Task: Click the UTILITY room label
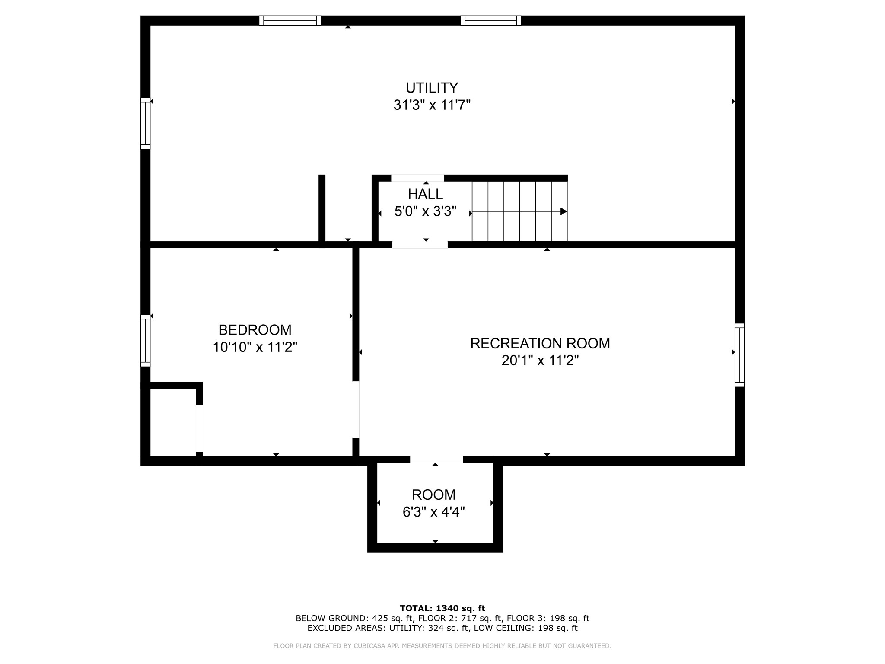(432, 88)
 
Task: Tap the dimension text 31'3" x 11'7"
(432, 105)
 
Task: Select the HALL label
(426, 194)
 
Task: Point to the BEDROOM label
(255, 330)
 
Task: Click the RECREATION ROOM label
(540, 343)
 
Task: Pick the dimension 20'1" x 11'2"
(540, 361)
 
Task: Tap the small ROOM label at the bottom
(434, 495)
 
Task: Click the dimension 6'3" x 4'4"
(434, 512)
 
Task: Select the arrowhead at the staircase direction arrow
(563, 211)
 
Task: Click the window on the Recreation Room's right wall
(740, 355)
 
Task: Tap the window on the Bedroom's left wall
(146, 341)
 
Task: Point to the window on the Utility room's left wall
(146, 124)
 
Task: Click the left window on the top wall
(290, 20)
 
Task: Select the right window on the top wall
(491, 20)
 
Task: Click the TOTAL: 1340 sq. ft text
(442, 608)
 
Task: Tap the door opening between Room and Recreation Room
(436, 460)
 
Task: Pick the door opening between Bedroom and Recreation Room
(356, 409)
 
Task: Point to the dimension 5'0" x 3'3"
(426, 211)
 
